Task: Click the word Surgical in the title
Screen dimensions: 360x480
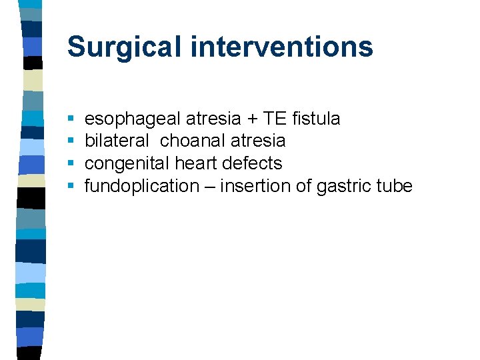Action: (x=125, y=47)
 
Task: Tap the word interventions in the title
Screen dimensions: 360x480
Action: (x=282, y=47)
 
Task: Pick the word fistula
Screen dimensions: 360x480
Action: (x=316, y=119)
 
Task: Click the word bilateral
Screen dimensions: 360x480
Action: (x=117, y=141)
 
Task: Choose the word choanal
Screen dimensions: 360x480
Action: (x=189, y=141)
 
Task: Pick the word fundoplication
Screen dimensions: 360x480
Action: (x=142, y=186)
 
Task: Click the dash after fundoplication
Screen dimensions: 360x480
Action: (x=209, y=186)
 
